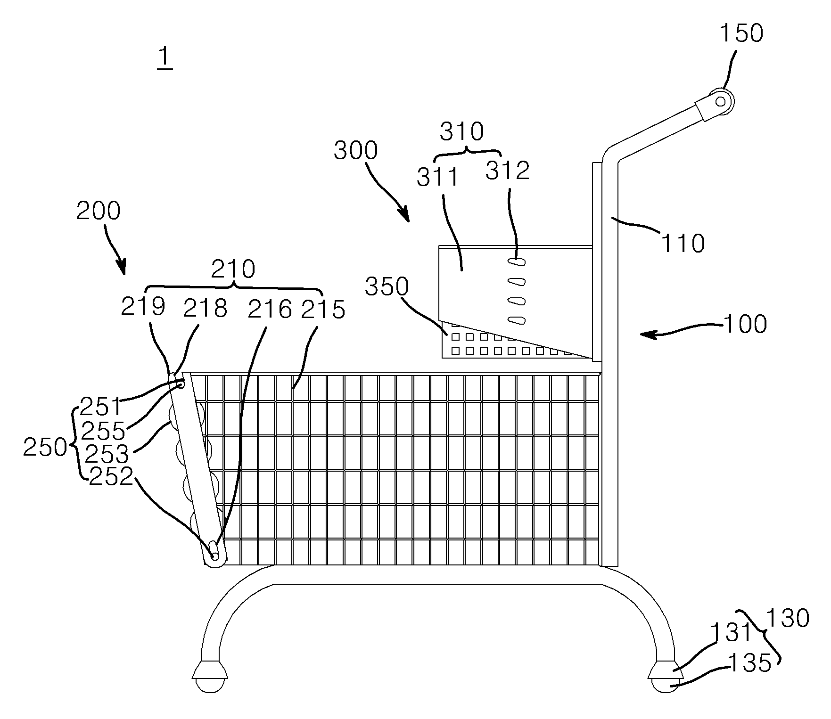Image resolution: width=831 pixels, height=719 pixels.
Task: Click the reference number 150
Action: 741,33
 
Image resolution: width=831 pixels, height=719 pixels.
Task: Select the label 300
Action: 356,151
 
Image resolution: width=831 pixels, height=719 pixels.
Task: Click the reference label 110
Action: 683,244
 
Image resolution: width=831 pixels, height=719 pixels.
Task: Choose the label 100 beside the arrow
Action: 745,325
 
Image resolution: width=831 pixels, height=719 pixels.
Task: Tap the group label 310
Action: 462,132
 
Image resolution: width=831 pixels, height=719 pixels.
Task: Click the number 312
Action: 508,171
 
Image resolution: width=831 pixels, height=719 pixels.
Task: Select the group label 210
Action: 233,269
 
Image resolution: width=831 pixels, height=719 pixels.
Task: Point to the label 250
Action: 45,447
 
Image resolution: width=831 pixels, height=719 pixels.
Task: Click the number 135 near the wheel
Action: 750,663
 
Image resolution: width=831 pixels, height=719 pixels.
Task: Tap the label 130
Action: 788,618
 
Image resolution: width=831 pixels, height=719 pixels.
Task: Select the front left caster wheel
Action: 210,685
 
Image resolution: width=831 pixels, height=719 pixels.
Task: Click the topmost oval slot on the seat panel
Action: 517,261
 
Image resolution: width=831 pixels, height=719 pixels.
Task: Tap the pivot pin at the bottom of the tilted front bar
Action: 215,556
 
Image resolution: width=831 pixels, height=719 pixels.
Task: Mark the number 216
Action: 270,310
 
